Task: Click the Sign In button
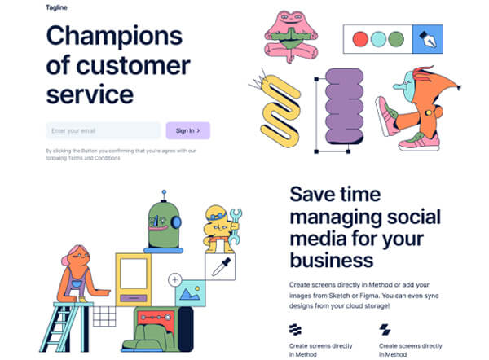pos(188,130)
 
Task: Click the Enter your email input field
pos(103,130)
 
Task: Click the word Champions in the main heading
pos(114,37)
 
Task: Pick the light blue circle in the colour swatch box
pos(377,38)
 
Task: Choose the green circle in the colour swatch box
pos(397,38)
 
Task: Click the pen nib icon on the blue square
pos(426,38)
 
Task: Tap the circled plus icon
pos(174,280)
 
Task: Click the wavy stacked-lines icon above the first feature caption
pos(296,330)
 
